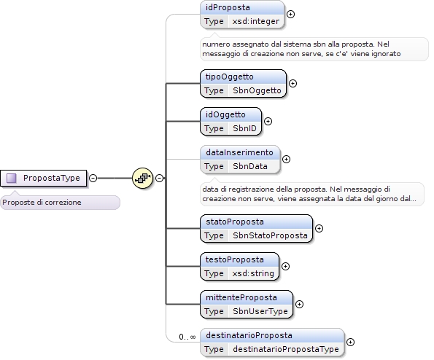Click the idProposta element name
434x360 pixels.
click(x=228, y=7)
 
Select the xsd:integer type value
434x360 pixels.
click(x=256, y=21)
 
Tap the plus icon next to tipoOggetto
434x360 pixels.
click(x=292, y=84)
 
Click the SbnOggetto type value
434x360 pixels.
click(x=257, y=90)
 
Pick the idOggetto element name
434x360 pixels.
click(x=225, y=114)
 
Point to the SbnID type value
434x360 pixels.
click(x=244, y=128)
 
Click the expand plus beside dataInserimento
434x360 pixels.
click(x=286, y=160)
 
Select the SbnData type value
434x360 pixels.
click(x=250, y=166)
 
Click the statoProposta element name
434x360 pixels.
click(x=235, y=222)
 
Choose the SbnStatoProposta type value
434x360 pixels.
click(x=270, y=235)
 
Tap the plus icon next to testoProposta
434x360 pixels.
click(x=285, y=266)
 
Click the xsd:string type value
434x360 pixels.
click(x=253, y=273)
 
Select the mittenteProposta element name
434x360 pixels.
click(x=241, y=297)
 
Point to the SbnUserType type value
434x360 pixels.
click(x=260, y=311)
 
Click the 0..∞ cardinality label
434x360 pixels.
click(x=187, y=337)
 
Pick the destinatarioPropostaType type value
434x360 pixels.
click(x=286, y=349)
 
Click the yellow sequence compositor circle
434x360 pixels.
click(x=142, y=178)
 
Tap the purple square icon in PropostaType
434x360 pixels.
click(x=12, y=178)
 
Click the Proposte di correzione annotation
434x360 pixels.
click(x=42, y=203)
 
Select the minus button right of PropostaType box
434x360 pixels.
click(x=93, y=178)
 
